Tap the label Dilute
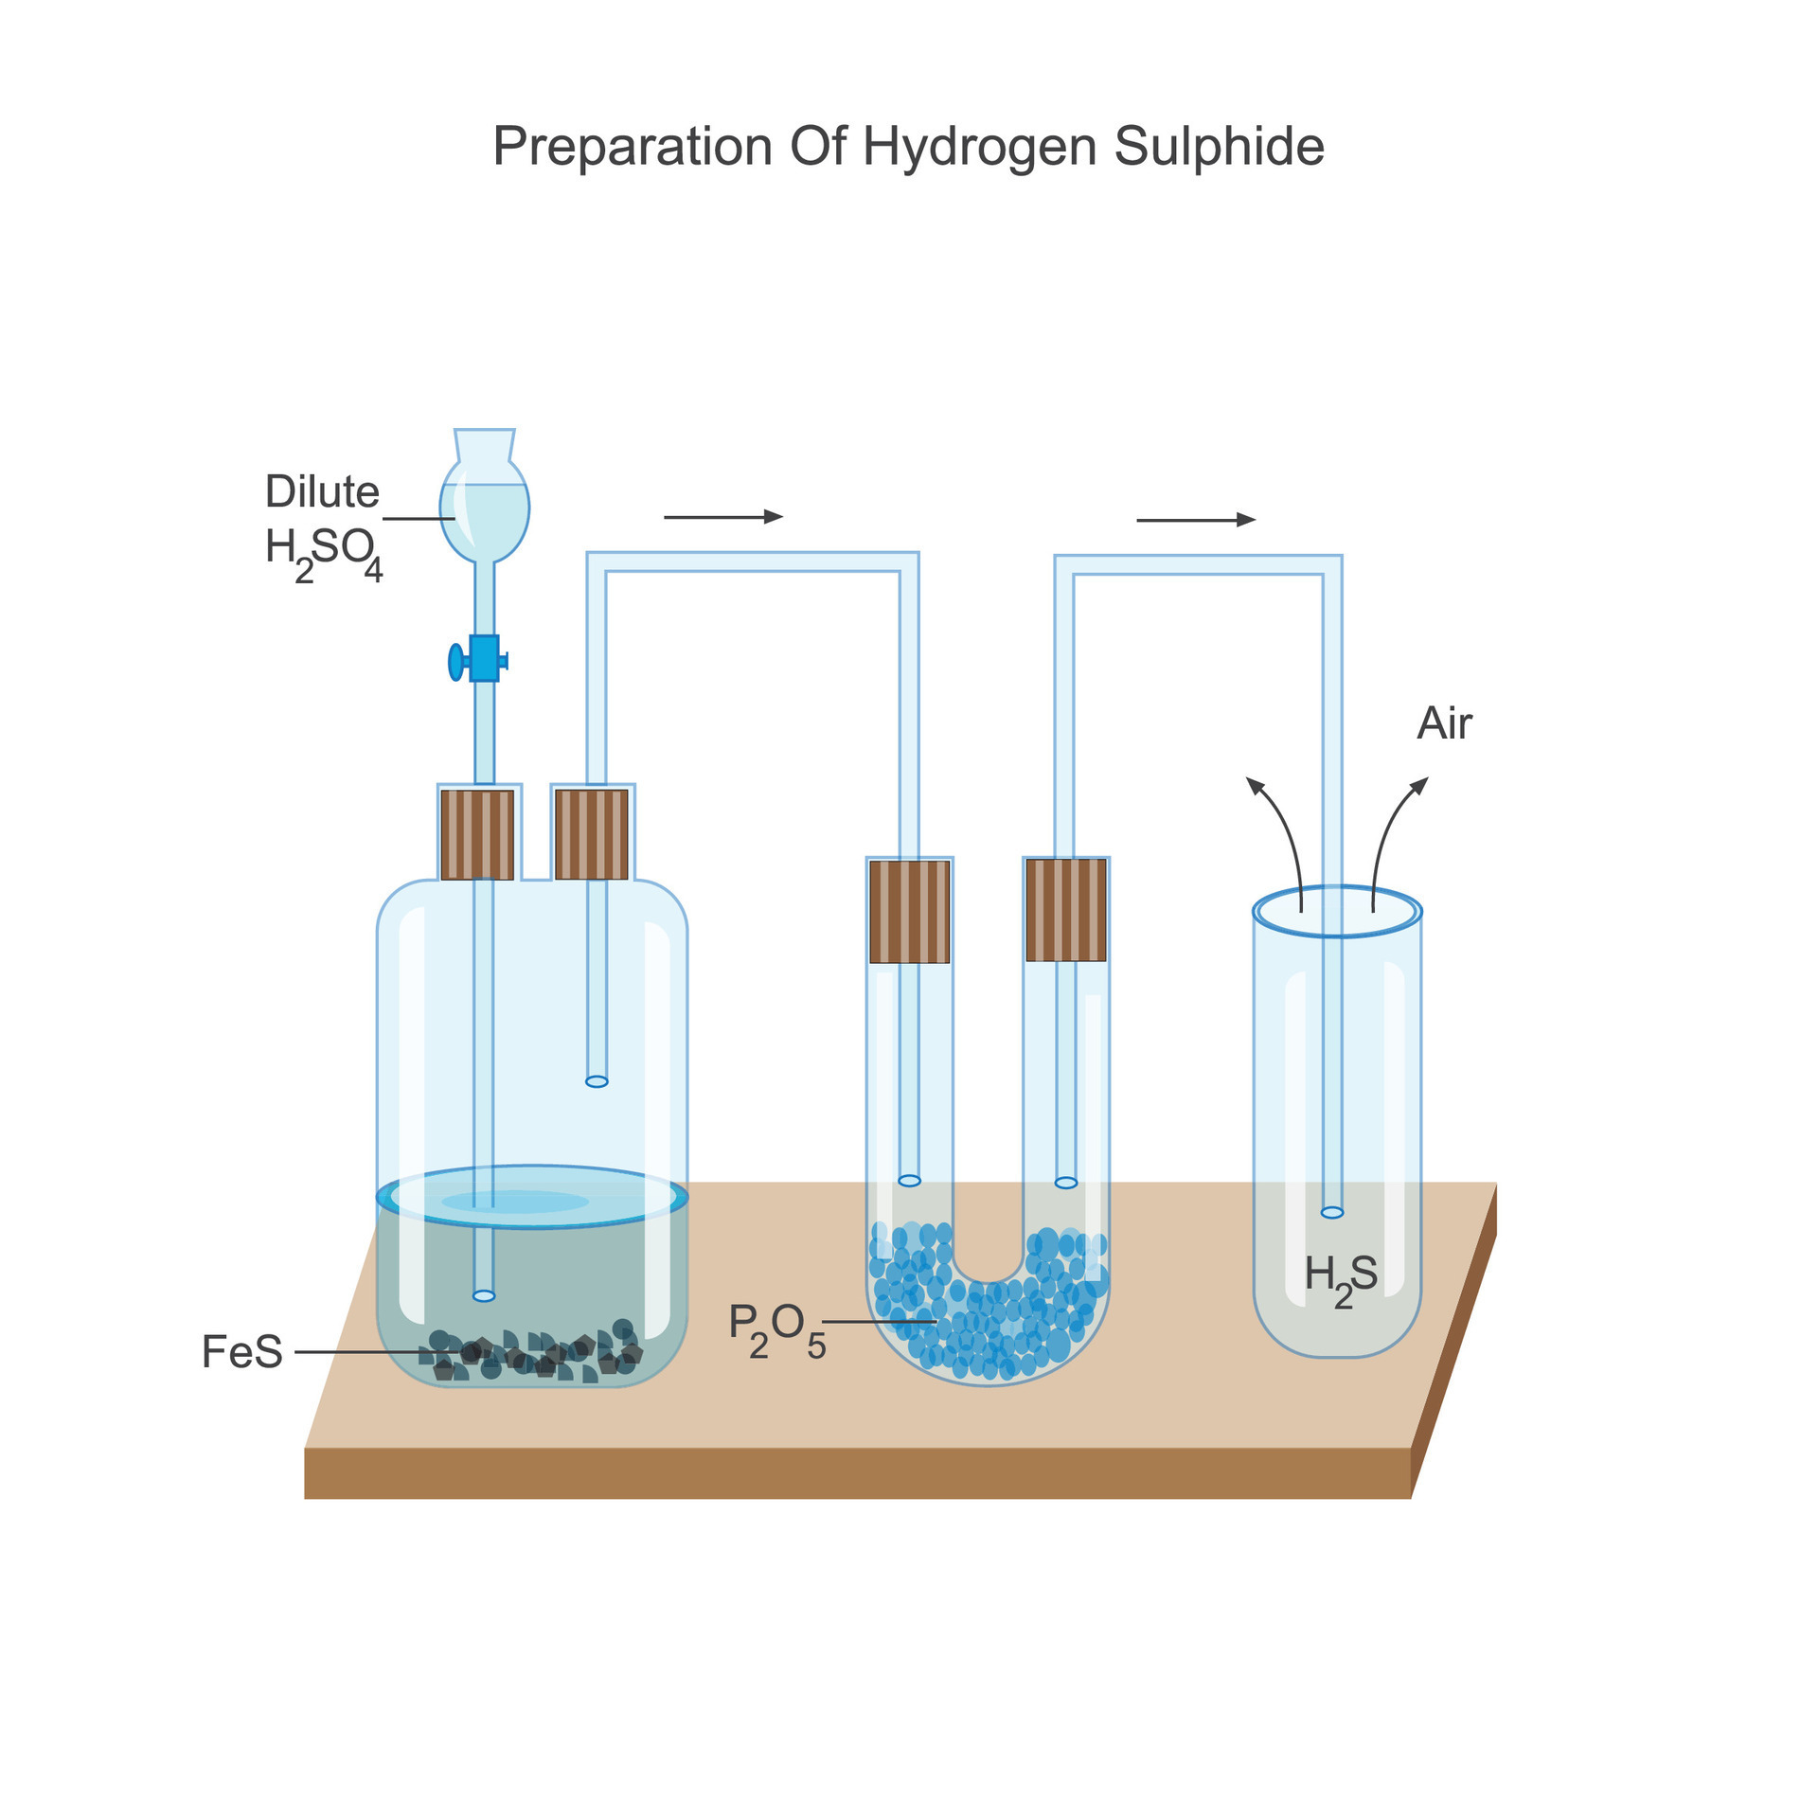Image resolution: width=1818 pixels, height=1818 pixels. pos(322,491)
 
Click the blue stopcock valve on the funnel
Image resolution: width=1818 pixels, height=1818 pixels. pos(482,659)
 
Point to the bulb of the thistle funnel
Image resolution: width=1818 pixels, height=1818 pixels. pos(484,511)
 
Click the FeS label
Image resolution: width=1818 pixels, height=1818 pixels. pos(241,1351)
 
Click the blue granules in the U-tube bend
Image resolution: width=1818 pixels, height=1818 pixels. pos(989,1326)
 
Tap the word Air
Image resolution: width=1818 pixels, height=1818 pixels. pos(1443,724)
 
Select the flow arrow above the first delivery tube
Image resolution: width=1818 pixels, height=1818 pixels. pos(723,517)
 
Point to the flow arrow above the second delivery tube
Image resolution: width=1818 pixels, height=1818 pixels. pos(1195,520)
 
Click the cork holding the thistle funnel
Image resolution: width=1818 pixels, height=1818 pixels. pos(477,834)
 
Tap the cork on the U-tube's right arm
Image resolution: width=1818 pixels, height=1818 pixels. pos(1065,909)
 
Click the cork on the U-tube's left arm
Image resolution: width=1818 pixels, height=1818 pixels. pos(909,911)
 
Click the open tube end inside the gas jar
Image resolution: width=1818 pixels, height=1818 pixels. pos(1331,1213)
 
